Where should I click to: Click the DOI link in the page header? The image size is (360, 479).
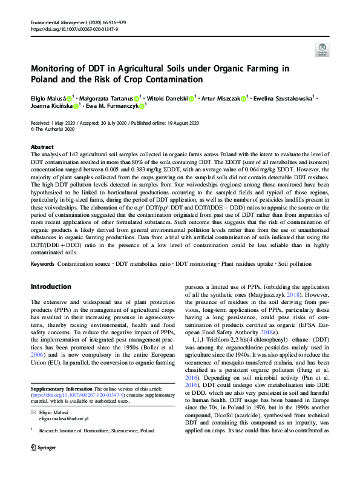pos(74,28)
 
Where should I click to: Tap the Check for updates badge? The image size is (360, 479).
pos(322,50)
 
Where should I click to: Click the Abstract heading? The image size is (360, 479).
pos(42,147)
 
